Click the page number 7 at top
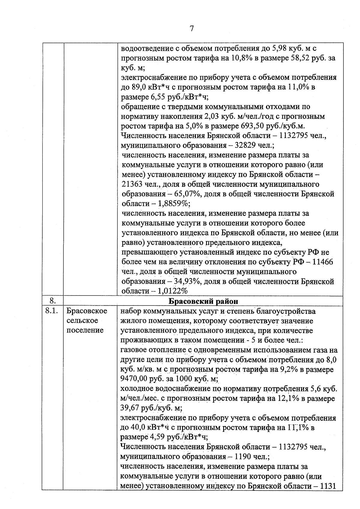[x=192, y=29]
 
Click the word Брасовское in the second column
[x=87, y=311]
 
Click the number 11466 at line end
[x=322, y=262]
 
